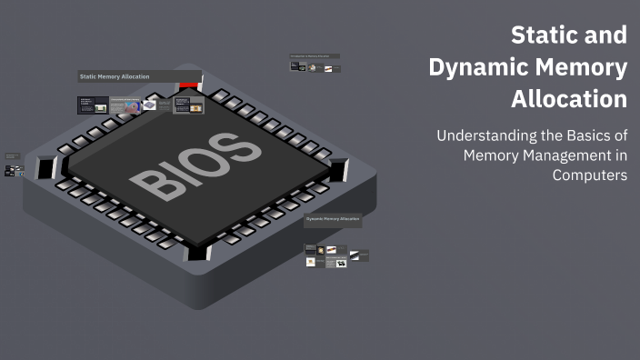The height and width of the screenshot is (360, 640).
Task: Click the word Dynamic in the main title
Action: click(x=477, y=66)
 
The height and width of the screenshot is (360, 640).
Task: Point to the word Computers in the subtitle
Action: click(x=590, y=175)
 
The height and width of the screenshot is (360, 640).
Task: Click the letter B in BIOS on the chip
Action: click(x=152, y=182)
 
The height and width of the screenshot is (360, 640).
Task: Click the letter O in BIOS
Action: click(x=205, y=160)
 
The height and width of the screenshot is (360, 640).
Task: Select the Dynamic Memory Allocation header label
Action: click(x=333, y=219)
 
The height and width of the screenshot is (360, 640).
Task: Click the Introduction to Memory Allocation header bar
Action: click(x=315, y=56)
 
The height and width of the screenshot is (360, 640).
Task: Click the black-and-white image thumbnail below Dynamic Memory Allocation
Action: click(x=341, y=264)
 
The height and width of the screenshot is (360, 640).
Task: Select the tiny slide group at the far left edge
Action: click(x=11, y=165)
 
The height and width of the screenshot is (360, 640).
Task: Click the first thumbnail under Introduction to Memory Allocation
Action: click(x=296, y=66)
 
